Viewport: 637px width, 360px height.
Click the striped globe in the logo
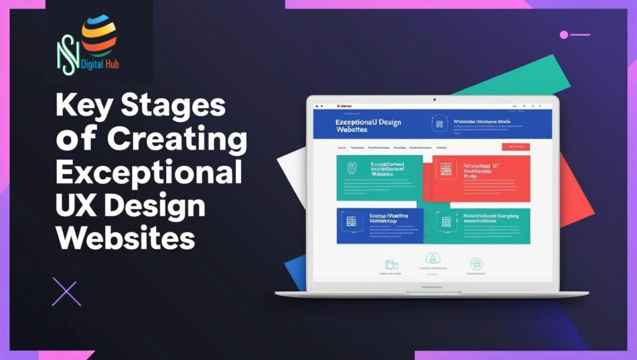pos(98,34)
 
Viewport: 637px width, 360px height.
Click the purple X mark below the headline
pos(67,292)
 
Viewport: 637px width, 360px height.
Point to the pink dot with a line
pos(564,35)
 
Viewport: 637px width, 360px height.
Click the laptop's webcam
pos(434,100)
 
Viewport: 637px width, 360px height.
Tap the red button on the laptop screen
pos(515,147)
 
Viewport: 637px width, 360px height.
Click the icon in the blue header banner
pos(439,124)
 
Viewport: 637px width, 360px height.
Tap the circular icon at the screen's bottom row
pos(477,263)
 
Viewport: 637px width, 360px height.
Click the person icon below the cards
pos(430,259)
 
